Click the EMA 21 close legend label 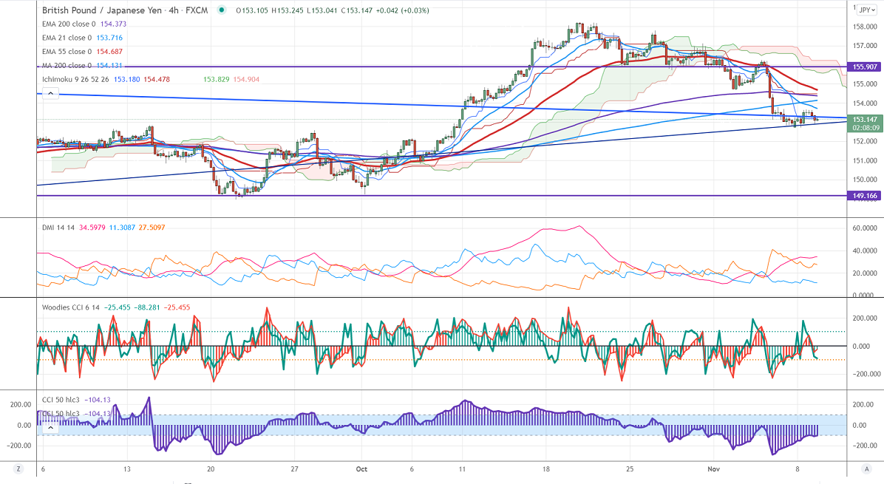tap(67, 38)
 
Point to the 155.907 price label tap(864, 67)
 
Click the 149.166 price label tap(864, 196)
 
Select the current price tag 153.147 tap(864, 120)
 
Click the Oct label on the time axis tap(361, 468)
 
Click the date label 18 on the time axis tap(545, 468)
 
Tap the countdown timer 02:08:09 tap(864, 127)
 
